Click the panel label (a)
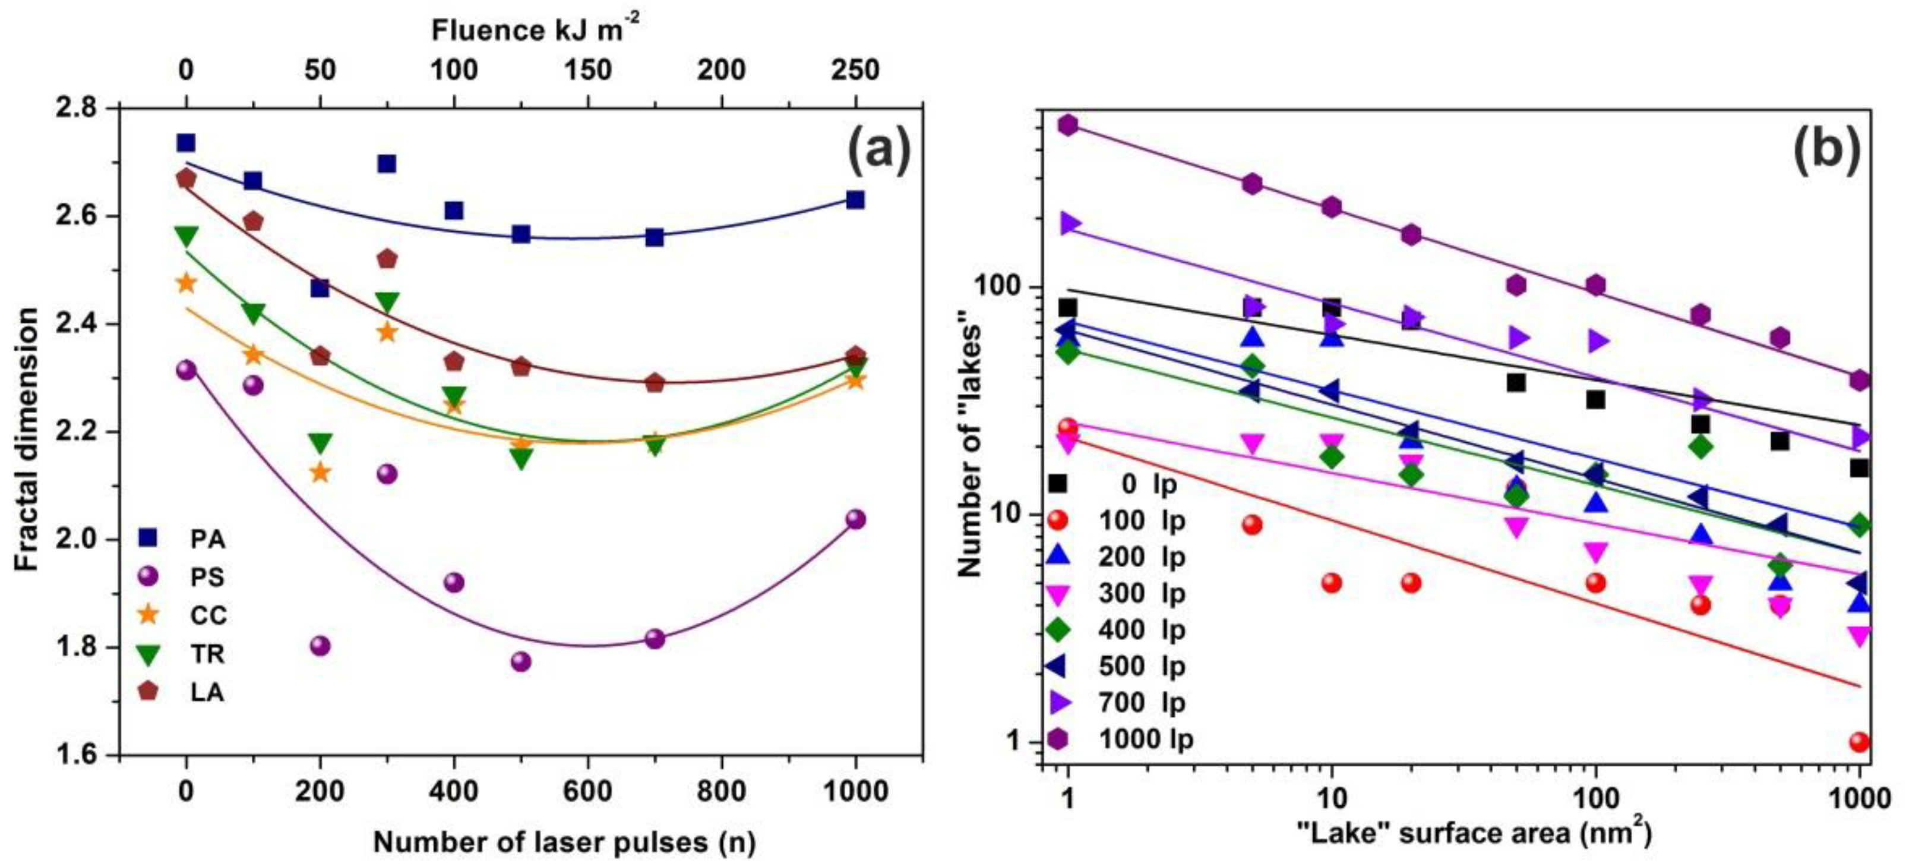[878, 150]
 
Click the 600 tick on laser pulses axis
[587, 791]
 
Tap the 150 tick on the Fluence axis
[587, 70]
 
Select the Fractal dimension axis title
[27, 440]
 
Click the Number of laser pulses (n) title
[564, 842]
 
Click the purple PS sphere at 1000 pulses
[855, 519]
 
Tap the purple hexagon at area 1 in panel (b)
[1067, 124]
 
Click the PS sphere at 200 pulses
[320, 645]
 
